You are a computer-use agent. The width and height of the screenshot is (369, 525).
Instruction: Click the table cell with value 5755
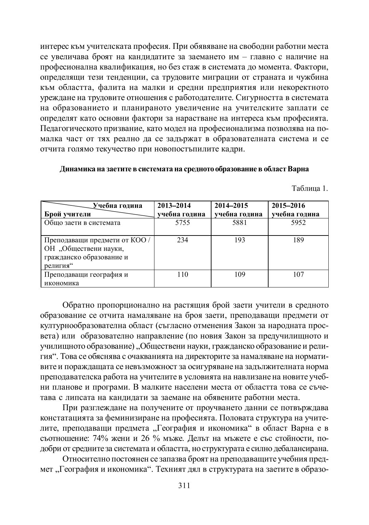coord(183,223)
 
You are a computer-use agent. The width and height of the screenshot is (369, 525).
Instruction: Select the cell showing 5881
coord(240,223)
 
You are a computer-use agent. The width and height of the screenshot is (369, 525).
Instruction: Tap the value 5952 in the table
coord(299,223)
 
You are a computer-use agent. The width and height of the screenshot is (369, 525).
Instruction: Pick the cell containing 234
coord(183,240)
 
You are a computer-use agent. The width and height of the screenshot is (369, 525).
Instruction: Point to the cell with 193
coord(240,240)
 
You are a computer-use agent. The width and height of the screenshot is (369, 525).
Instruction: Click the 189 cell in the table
coord(299,240)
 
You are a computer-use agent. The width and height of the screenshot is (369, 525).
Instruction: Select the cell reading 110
coord(183,274)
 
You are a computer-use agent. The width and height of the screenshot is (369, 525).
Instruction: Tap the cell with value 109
coord(240,274)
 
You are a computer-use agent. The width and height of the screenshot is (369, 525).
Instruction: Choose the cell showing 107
coord(299,274)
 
